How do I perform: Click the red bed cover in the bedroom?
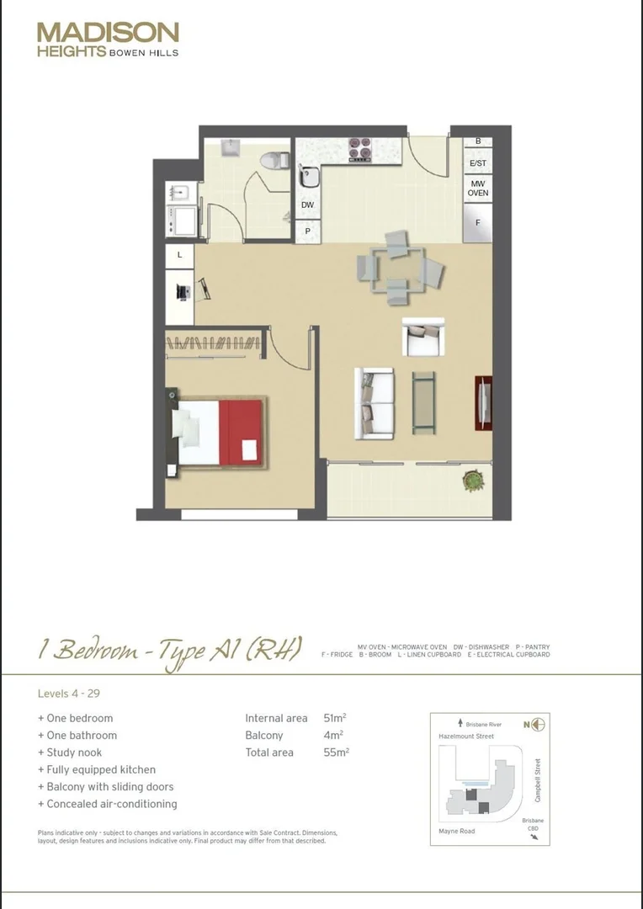pyautogui.click(x=241, y=432)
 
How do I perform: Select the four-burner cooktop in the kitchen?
pyautogui.click(x=360, y=150)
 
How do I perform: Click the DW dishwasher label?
pyautogui.click(x=307, y=205)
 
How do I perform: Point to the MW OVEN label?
pyautogui.click(x=478, y=188)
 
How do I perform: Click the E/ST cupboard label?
pyautogui.click(x=478, y=162)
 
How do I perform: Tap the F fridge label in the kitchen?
pyautogui.click(x=478, y=223)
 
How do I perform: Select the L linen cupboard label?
pyautogui.click(x=179, y=254)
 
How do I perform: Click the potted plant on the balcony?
pyautogui.click(x=474, y=481)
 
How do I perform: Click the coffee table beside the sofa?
pyautogui.click(x=423, y=402)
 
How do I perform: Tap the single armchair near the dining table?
pyautogui.click(x=422, y=338)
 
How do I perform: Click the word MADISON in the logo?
pyautogui.click(x=108, y=33)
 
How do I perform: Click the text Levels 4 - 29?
pyautogui.click(x=69, y=694)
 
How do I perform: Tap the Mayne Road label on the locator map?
pyautogui.click(x=457, y=832)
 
